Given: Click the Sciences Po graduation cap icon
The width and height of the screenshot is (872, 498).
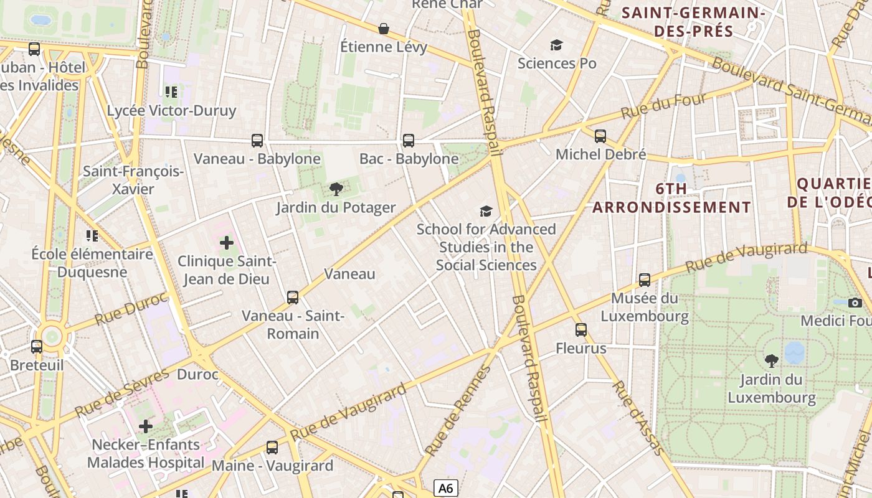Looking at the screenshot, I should click(556, 45).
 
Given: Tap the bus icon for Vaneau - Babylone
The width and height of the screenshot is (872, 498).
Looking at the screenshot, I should click(257, 141).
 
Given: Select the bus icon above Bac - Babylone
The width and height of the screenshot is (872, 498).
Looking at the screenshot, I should click(409, 141).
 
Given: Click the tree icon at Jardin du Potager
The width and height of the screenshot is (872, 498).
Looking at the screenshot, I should click(336, 189).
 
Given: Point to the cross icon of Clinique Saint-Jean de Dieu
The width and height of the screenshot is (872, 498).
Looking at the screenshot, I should click(227, 243).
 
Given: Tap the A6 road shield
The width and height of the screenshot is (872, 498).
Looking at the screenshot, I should click(445, 488).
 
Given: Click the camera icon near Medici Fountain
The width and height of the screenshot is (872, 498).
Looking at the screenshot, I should click(855, 303).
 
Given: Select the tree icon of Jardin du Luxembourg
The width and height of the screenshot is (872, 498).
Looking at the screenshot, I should click(771, 360).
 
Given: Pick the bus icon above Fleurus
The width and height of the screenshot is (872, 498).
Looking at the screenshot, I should click(581, 330).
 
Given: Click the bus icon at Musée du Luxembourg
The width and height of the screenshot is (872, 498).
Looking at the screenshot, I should click(645, 280).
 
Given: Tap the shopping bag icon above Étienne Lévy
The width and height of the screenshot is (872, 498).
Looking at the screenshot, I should click(384, 29).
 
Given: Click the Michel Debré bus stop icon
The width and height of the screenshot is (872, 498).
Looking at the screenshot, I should click(600, 136).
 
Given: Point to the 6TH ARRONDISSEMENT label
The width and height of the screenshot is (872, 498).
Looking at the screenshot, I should click(671, 198).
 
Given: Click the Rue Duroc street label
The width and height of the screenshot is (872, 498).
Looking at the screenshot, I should click(131, 309).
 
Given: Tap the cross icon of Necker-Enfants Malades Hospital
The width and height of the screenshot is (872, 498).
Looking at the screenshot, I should click(146, 426).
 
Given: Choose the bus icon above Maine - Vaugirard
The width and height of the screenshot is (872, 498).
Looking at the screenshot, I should click(272, 447).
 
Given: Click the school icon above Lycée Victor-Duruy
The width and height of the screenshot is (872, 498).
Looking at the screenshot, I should click(171, 92).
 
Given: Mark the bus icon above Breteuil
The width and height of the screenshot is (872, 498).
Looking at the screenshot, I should click(37, 346).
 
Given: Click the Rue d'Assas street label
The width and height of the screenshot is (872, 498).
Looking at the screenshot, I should click(638, 416).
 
